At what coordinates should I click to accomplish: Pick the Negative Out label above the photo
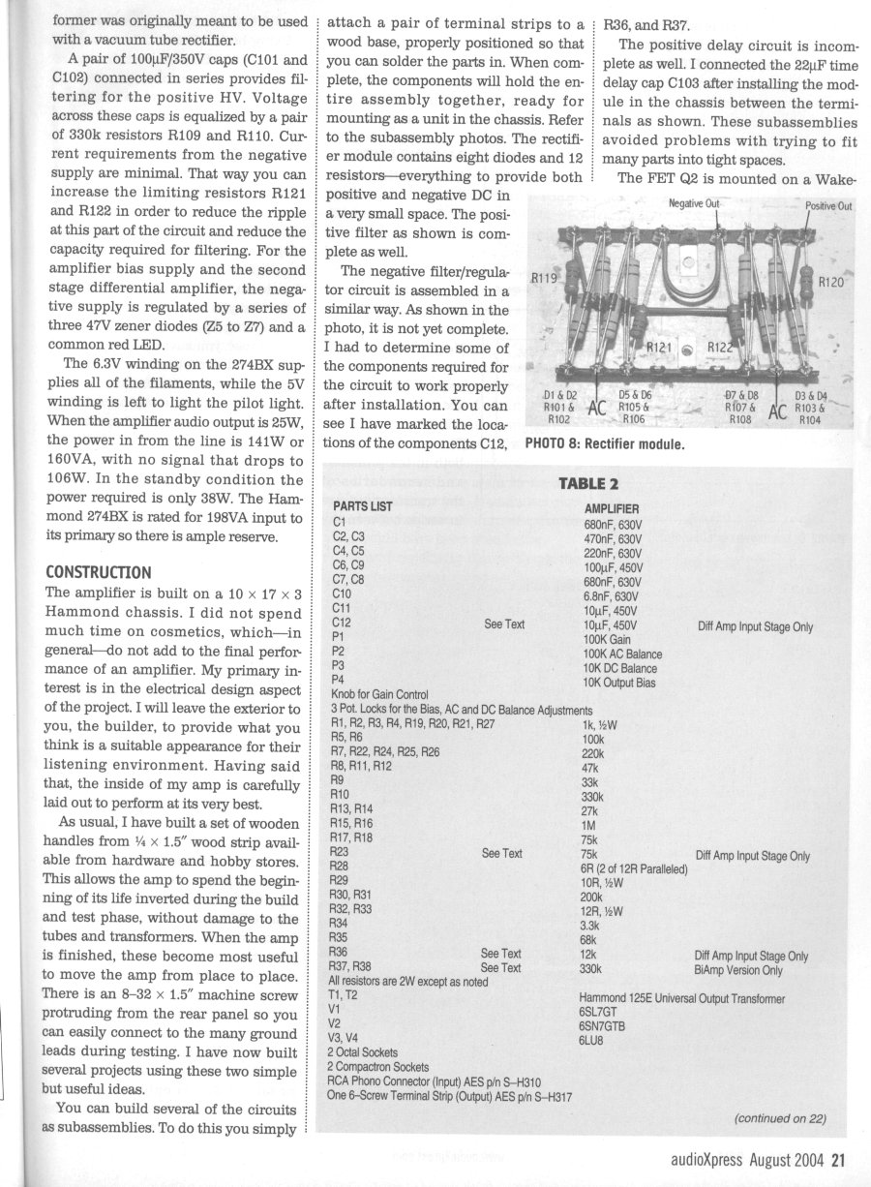pos(695,203)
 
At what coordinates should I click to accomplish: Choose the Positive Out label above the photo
pos(827,205)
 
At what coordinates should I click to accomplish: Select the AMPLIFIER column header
pos(612,508)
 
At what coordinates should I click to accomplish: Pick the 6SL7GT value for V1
pos(603,1012)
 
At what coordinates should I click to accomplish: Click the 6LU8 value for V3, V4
pos(594,1040)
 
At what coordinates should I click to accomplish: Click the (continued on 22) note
pos(779,1119)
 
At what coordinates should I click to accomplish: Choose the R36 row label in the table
pos(340,954)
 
